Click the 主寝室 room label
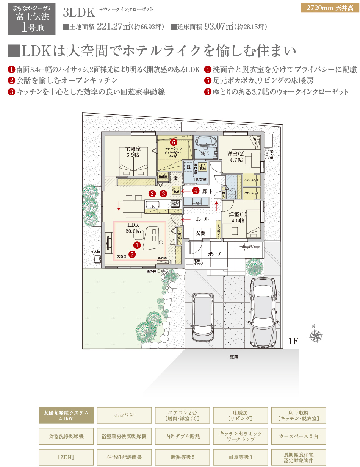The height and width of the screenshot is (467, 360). click(133, 152)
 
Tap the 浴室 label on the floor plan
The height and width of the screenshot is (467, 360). click(205, 153)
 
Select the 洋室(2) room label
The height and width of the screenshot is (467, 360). click(236, 157)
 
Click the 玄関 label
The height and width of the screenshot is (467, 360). click(200, 233)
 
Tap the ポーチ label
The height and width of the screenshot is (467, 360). click(214, 254)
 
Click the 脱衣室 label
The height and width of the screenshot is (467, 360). click(200, 179)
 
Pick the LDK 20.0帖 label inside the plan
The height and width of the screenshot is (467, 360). click(133, 228)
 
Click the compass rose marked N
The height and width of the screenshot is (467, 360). click(316, 335)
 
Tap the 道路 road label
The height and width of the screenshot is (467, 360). click(234, 357)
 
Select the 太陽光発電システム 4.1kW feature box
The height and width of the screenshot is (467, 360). click(66, 415)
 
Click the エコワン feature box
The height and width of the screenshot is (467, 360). click(124, 415)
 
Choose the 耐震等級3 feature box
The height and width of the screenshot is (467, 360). click(241, 457)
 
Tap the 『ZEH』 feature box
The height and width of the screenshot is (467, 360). click(66, 457)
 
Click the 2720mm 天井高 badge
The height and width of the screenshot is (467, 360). click(329, 8)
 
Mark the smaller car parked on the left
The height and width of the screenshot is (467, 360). click(203, 317)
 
